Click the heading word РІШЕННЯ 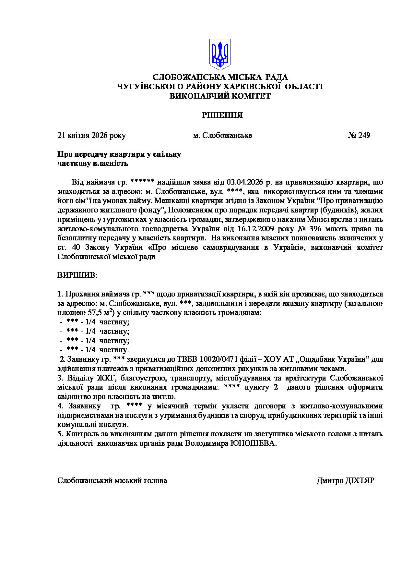(x=222, y=115)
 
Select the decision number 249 (x=364, y=135)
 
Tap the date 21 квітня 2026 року (x=91, y=135)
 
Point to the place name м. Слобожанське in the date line (x=222, y=135)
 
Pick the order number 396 (x=313, y=229)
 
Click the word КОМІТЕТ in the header (x=249, y=96)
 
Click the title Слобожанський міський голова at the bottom (x=112, y=481)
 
